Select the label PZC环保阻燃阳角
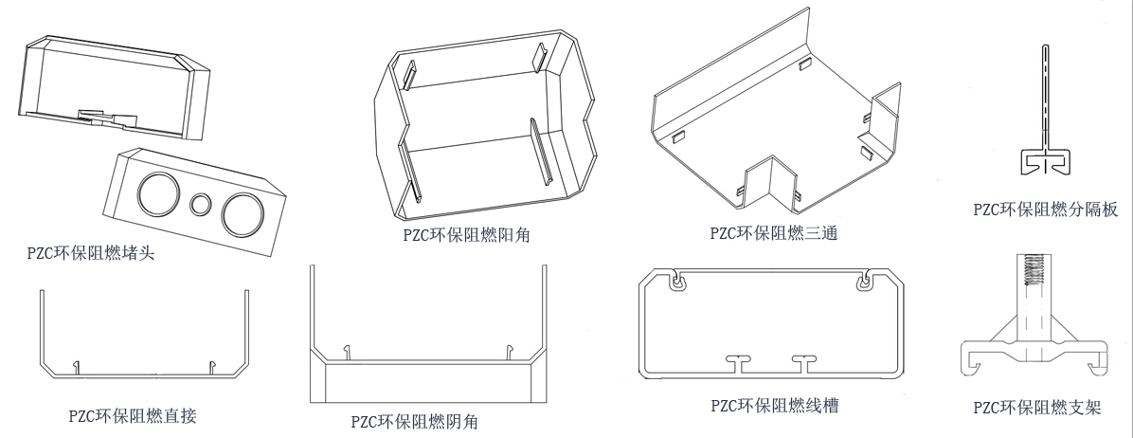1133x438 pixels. [466, 234]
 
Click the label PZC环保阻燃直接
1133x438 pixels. [133, 414]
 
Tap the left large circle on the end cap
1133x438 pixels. [156, 195]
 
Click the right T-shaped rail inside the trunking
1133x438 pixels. [807, 361]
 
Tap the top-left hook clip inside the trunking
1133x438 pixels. [674, 282]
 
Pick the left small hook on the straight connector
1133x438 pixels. [75, 364]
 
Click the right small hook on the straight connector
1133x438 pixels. [212, 364]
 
